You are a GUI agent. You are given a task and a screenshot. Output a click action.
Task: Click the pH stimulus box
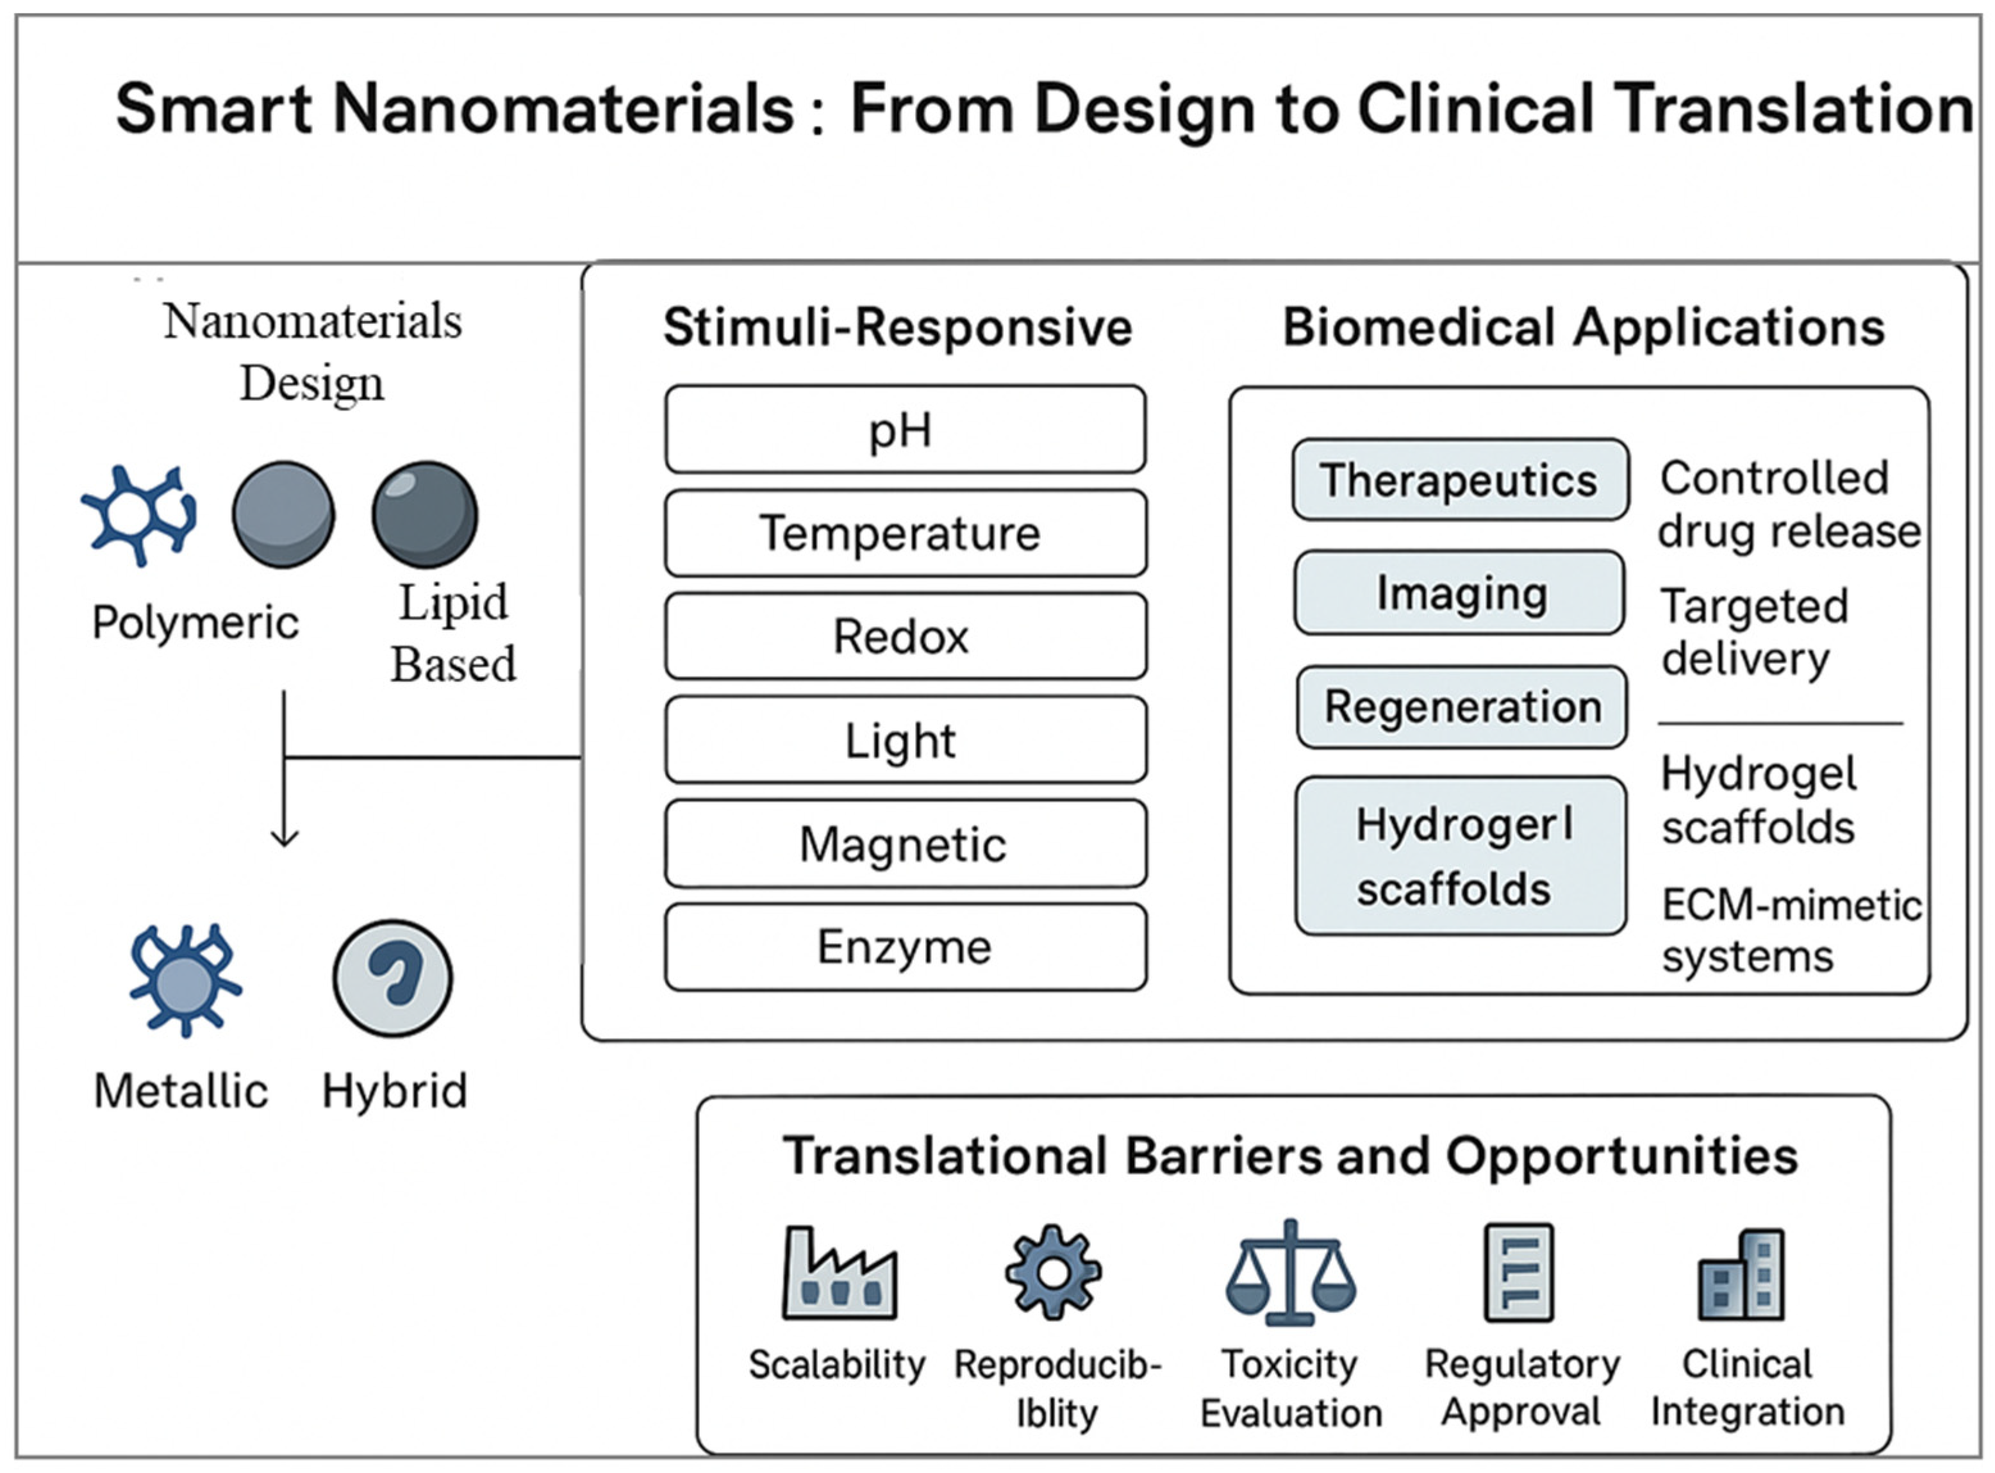904,429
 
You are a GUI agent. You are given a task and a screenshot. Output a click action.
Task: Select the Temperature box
904,532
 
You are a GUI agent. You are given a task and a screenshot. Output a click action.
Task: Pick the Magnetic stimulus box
904,843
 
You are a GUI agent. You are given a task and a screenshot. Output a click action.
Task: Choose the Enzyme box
904,946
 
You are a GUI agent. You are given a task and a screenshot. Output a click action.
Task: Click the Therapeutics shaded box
1460,480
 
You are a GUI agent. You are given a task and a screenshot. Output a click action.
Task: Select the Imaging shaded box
1460,593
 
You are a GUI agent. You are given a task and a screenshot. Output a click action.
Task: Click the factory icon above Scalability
839,1273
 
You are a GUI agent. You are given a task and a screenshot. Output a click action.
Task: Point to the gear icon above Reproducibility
1052,1272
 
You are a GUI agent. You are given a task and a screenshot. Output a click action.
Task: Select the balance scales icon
1291,1272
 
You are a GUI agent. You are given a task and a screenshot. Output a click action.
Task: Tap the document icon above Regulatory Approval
1519,1272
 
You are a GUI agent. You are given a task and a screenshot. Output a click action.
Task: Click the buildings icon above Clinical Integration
1742,1275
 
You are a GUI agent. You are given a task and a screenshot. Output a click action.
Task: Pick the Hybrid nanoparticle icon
392,978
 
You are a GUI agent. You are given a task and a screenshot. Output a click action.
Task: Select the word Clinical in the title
1475,109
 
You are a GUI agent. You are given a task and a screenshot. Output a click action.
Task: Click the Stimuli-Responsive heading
897,327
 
